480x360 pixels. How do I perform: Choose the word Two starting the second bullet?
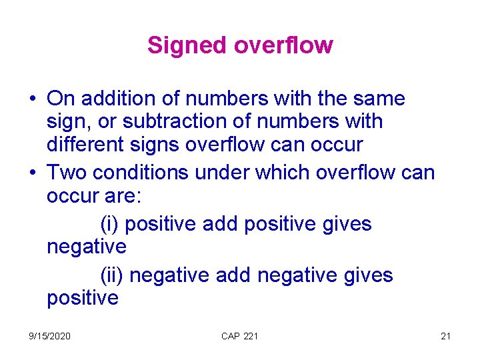(67, 173)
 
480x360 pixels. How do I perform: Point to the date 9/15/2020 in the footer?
(50, 336)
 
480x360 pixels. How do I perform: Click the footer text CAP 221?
(239, 336)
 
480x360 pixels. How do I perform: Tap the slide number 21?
(445, 336)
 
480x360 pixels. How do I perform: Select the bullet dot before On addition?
(33, 99)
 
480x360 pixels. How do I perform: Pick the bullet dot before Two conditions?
(33, 173)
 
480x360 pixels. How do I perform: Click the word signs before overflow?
(155, 143)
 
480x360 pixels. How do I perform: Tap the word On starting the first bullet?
(61, 99)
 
